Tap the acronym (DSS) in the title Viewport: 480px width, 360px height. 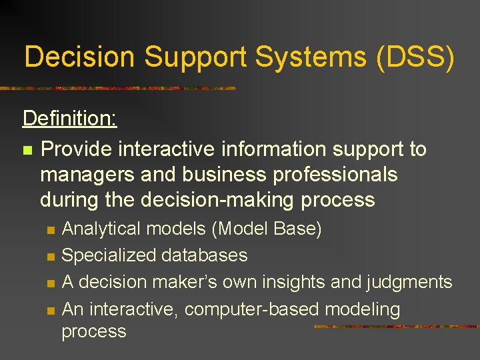click(x=415, y=58)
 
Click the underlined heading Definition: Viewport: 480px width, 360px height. click(x=70, y=119)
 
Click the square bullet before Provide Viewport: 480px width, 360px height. click(x=27, y=150)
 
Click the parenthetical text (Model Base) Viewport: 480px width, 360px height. click(x=267, y=229)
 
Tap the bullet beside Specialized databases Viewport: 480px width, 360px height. click(x=49, y=257)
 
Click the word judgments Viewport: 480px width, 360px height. click(x=409, y=283)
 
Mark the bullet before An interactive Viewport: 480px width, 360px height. click(x=49, y=310)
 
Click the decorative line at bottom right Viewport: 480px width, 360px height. click(x=396, y=327)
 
